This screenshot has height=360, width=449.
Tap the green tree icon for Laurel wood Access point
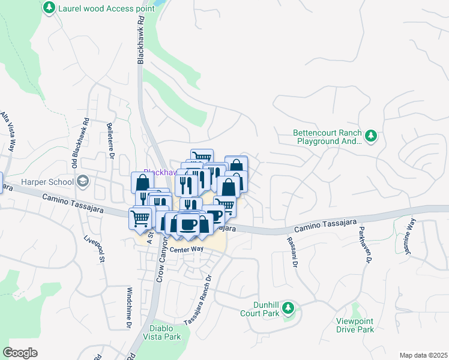(49, 8)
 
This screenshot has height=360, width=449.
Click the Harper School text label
(49, 182)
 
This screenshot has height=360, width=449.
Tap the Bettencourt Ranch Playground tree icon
(371, 137)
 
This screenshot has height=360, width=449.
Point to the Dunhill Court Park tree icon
(288, 308)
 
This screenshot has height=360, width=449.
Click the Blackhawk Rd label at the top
(141, 40)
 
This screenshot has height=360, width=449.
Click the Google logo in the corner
(20, 352)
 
